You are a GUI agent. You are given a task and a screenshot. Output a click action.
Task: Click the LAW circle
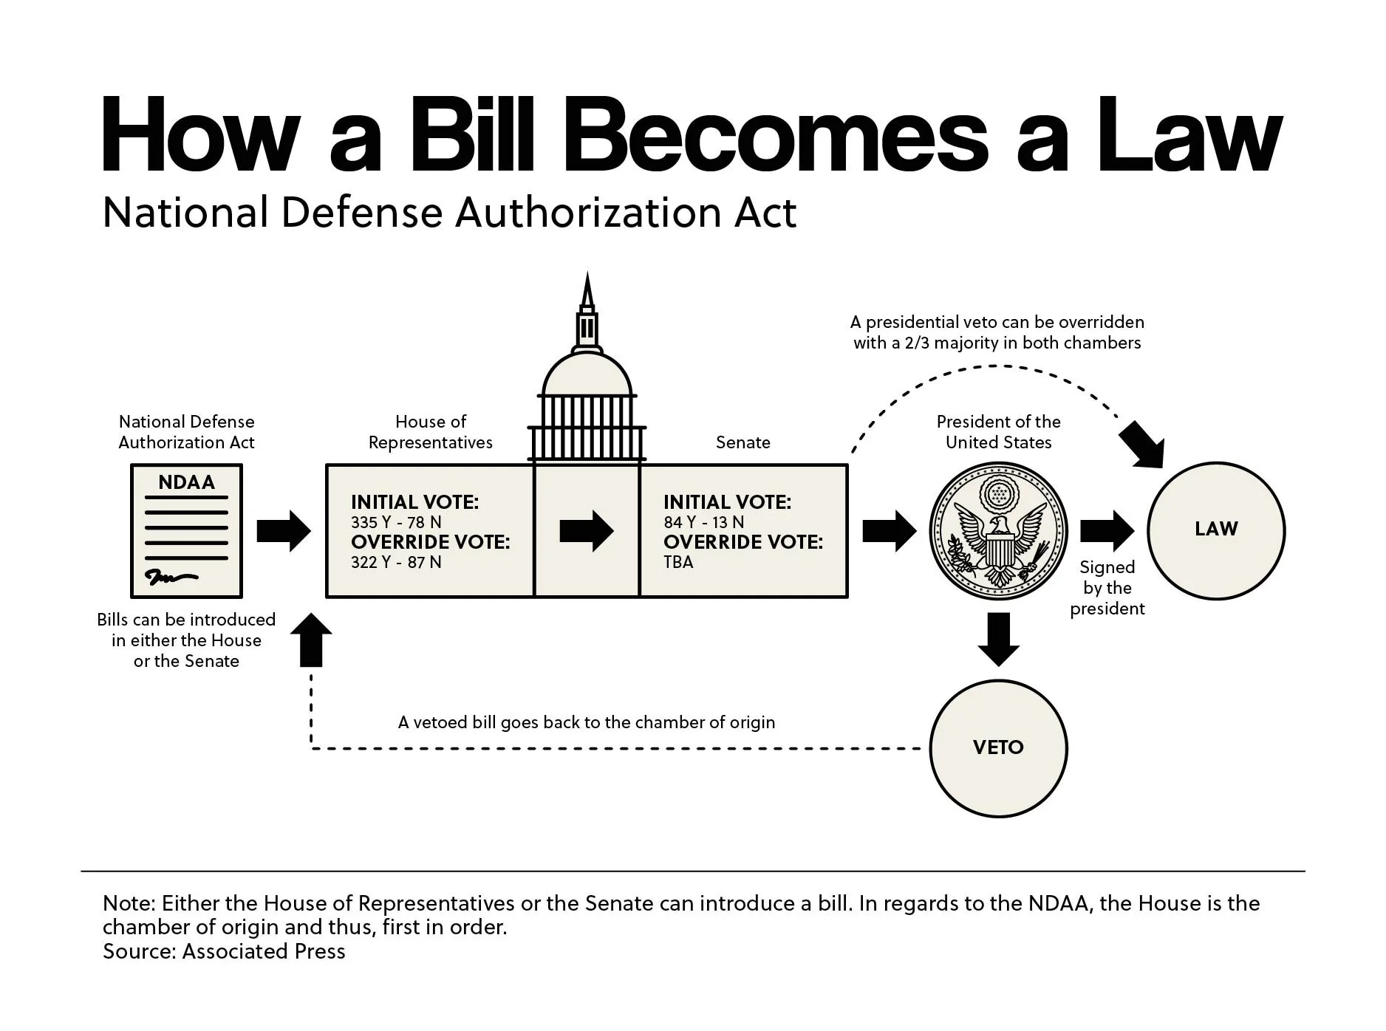point(1215,530)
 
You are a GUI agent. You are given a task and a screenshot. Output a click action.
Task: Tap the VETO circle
point(998,747)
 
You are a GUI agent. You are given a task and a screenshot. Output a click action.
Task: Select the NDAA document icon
point(186,530)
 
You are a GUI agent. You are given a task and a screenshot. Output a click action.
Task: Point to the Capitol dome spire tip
point(587,275)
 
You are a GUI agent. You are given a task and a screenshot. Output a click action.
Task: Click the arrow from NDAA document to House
point(284,530)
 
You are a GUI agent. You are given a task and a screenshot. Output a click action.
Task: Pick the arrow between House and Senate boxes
point(587,530)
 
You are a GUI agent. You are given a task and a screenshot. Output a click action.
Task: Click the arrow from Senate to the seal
point(889,530)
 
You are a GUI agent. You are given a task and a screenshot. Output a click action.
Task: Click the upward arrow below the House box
point(311,640)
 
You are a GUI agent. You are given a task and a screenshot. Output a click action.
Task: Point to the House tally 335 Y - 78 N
point(396,522)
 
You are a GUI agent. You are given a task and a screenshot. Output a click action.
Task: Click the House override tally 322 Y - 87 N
point(396,562)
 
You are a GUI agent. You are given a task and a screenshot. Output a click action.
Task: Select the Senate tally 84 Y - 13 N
point(703,522)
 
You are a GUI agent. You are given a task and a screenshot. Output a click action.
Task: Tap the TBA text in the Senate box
point(678,562)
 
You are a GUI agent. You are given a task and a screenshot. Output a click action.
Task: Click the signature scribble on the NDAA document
point(170,577)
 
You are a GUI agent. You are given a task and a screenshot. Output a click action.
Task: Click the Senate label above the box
point(742,442)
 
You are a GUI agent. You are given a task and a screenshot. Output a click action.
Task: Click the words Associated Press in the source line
point(264,951)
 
